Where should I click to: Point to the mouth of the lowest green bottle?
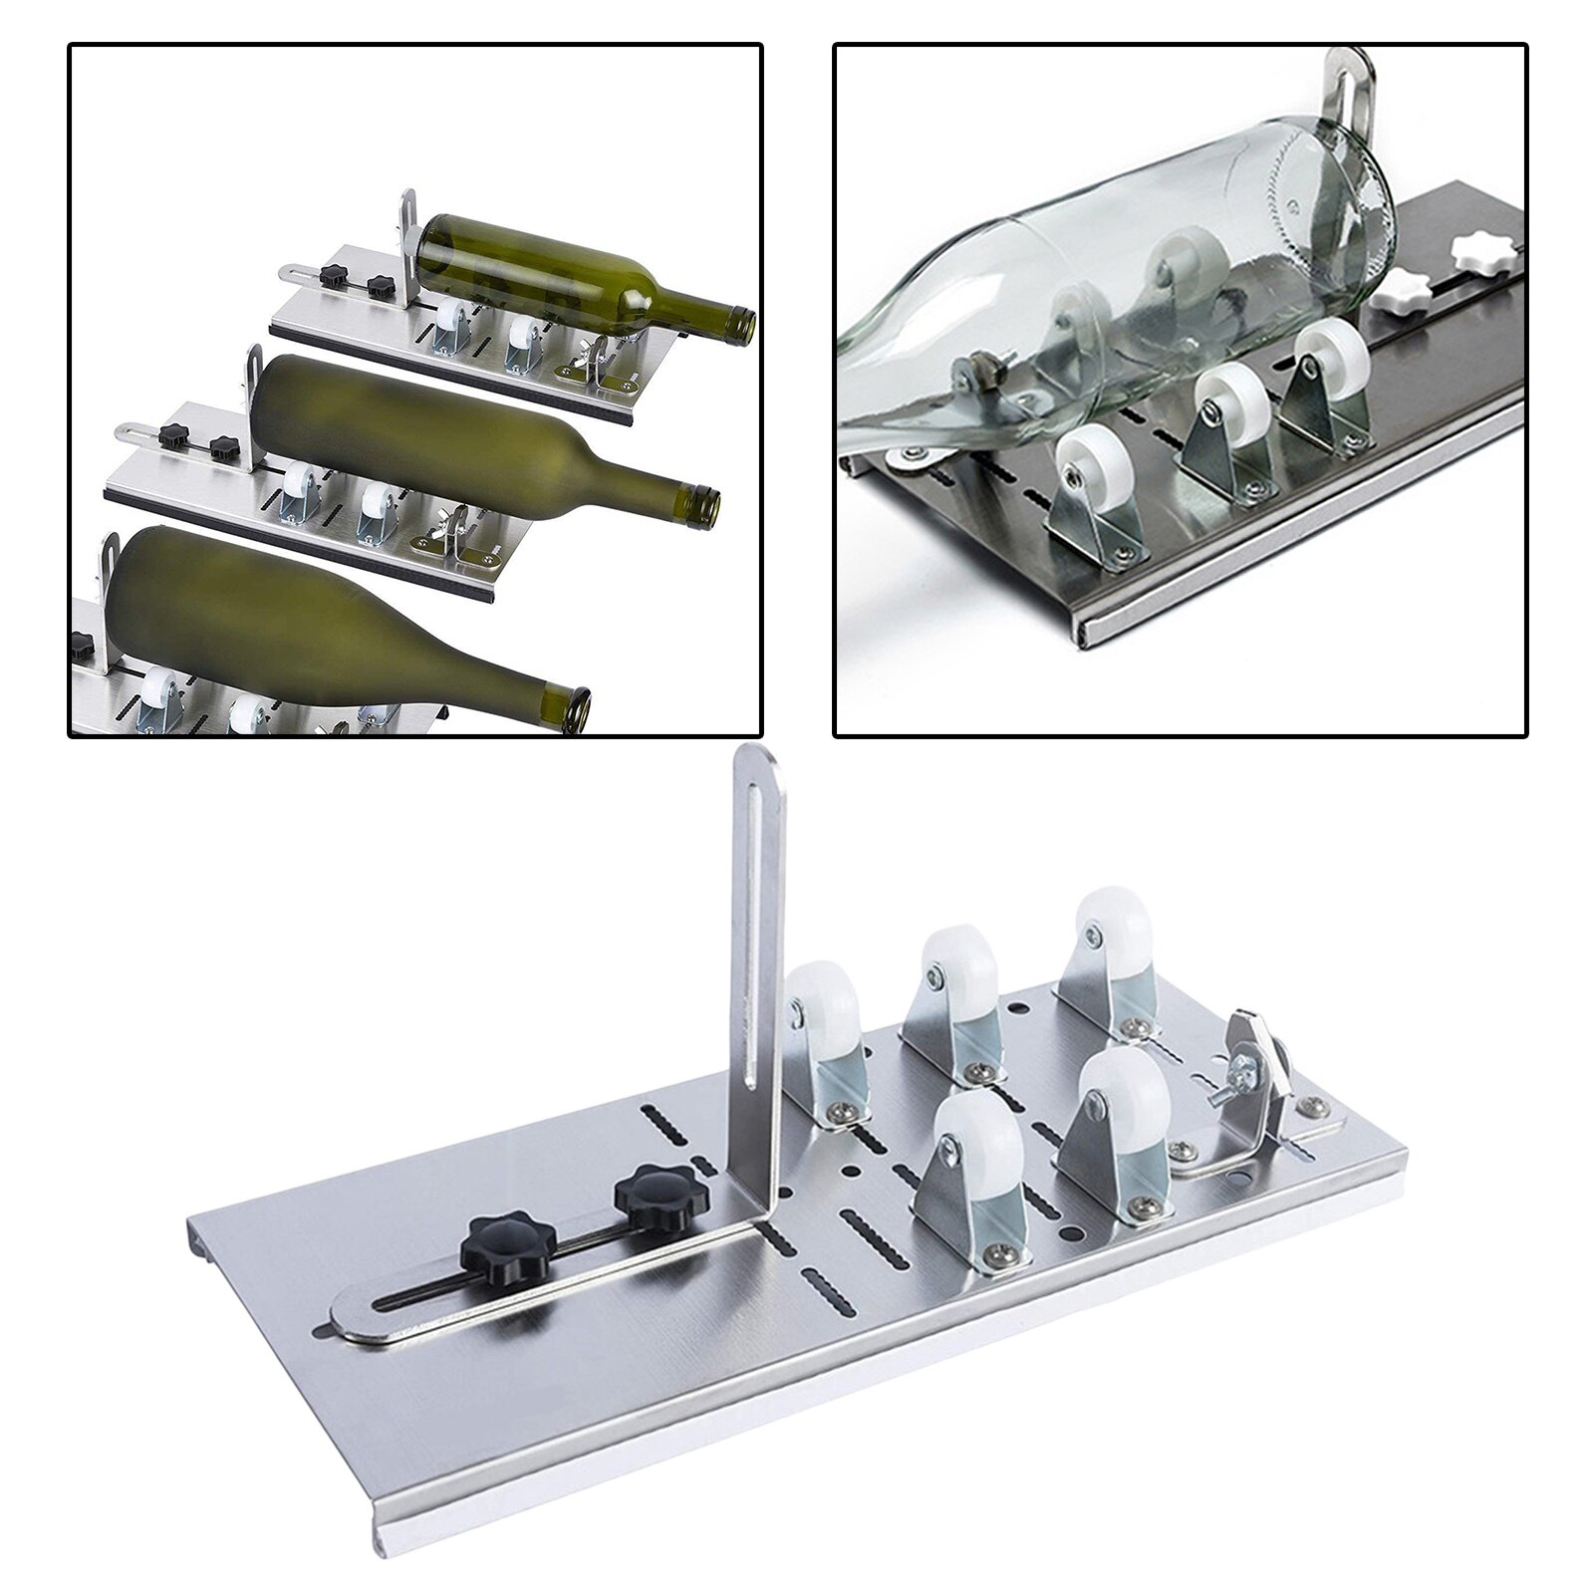click(575, 703)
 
